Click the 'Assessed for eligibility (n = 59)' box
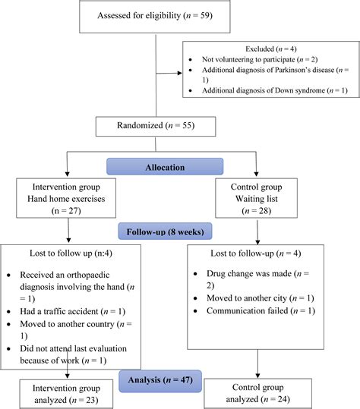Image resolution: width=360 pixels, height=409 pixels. point(156,15)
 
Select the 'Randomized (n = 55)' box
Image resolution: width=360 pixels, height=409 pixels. point(156,125)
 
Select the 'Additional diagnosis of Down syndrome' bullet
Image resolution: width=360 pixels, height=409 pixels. point(273,91)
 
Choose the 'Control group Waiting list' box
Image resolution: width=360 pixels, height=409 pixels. point(258,194)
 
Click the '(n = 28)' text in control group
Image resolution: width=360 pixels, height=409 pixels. point(258,208)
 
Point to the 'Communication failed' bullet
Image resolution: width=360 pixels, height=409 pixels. point(263,310)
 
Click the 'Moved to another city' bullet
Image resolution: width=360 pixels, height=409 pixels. point(263,297)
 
